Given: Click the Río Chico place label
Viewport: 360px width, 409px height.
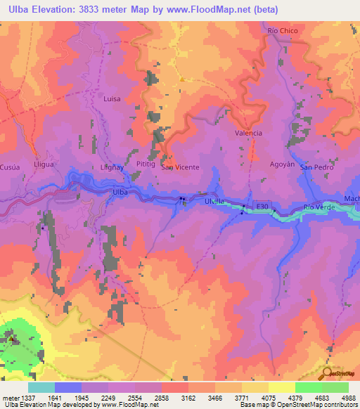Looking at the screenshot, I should pos(283,32).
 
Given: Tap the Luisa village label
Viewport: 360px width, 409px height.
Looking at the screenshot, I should pos(112,99).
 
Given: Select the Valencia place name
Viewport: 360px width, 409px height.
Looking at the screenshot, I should pos(248,133).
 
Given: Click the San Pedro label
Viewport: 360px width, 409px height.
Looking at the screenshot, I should pos(314,167).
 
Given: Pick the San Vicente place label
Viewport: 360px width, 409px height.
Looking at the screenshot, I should pos(180,167).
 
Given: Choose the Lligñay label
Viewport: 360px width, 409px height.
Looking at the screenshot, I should pos(111,167).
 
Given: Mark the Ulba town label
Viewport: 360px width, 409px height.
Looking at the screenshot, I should pos(120,191).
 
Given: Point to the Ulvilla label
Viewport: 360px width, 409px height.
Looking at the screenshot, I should pos(214,201).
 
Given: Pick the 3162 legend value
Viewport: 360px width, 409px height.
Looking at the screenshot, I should pos(188,397).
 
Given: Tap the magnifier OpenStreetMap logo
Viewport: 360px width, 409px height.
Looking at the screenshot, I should pos(327,374).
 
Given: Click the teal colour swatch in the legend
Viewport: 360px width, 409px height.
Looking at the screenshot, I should pos(41,387).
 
